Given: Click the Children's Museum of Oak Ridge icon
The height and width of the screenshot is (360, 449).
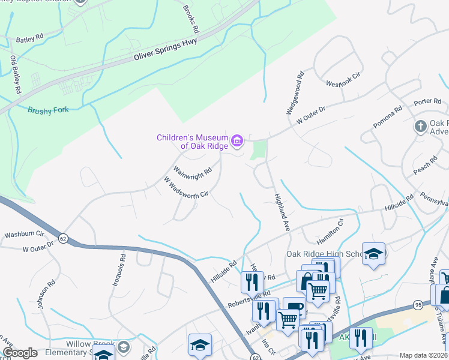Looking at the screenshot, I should [x=238, y=141].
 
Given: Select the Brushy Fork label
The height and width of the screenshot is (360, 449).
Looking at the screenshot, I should [x=49, y=110].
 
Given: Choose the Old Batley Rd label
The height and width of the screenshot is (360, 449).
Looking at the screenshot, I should [x=16, y=74].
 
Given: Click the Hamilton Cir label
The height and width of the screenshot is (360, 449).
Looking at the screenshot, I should [x=330, y=230].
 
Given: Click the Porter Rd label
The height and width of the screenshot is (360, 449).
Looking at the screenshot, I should [x=427, y=101].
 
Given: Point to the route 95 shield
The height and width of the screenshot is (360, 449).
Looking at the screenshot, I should [x=418, y=305].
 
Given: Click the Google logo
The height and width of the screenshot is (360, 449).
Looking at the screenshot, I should [x=20, y=353].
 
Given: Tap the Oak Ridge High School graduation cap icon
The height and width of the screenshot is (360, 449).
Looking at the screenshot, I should [x=373, y=254].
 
